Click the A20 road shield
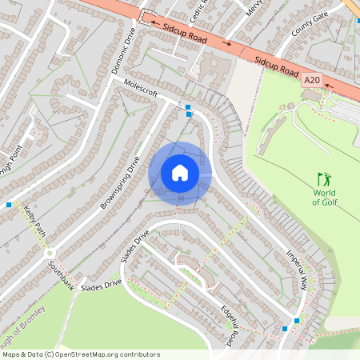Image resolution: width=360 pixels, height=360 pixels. (312, 80)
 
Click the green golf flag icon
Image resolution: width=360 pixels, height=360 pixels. (324, 178)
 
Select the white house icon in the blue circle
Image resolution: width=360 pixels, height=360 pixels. (180, 173)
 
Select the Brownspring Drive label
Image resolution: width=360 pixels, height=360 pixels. (121, 182)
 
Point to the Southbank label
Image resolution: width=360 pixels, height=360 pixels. (61, 274)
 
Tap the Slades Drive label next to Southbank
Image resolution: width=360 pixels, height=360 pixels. (101, 284)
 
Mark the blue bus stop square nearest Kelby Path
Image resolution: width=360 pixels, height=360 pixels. (9, 205)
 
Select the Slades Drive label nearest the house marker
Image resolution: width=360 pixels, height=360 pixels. (135, 248)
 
